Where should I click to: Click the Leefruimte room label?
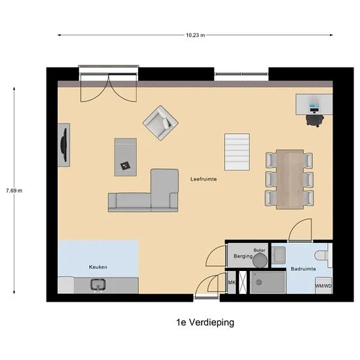(204, 179)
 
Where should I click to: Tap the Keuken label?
(98, 267)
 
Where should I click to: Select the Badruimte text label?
(303, 268)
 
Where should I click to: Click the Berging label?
(243, 257)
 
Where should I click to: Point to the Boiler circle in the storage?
(261, 259)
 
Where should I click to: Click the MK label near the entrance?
(231, 283)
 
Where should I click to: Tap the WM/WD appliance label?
(323, 286)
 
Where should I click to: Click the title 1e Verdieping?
(205, 322)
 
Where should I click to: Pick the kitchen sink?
(99, 285)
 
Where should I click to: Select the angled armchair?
(161, 122)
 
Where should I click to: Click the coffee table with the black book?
(125, 157)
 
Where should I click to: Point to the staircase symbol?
(237, 153)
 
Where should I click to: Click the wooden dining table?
(289, 179)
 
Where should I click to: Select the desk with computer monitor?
(314, 105)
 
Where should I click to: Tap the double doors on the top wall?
(109, 84)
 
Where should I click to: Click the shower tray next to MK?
(267, 283)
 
